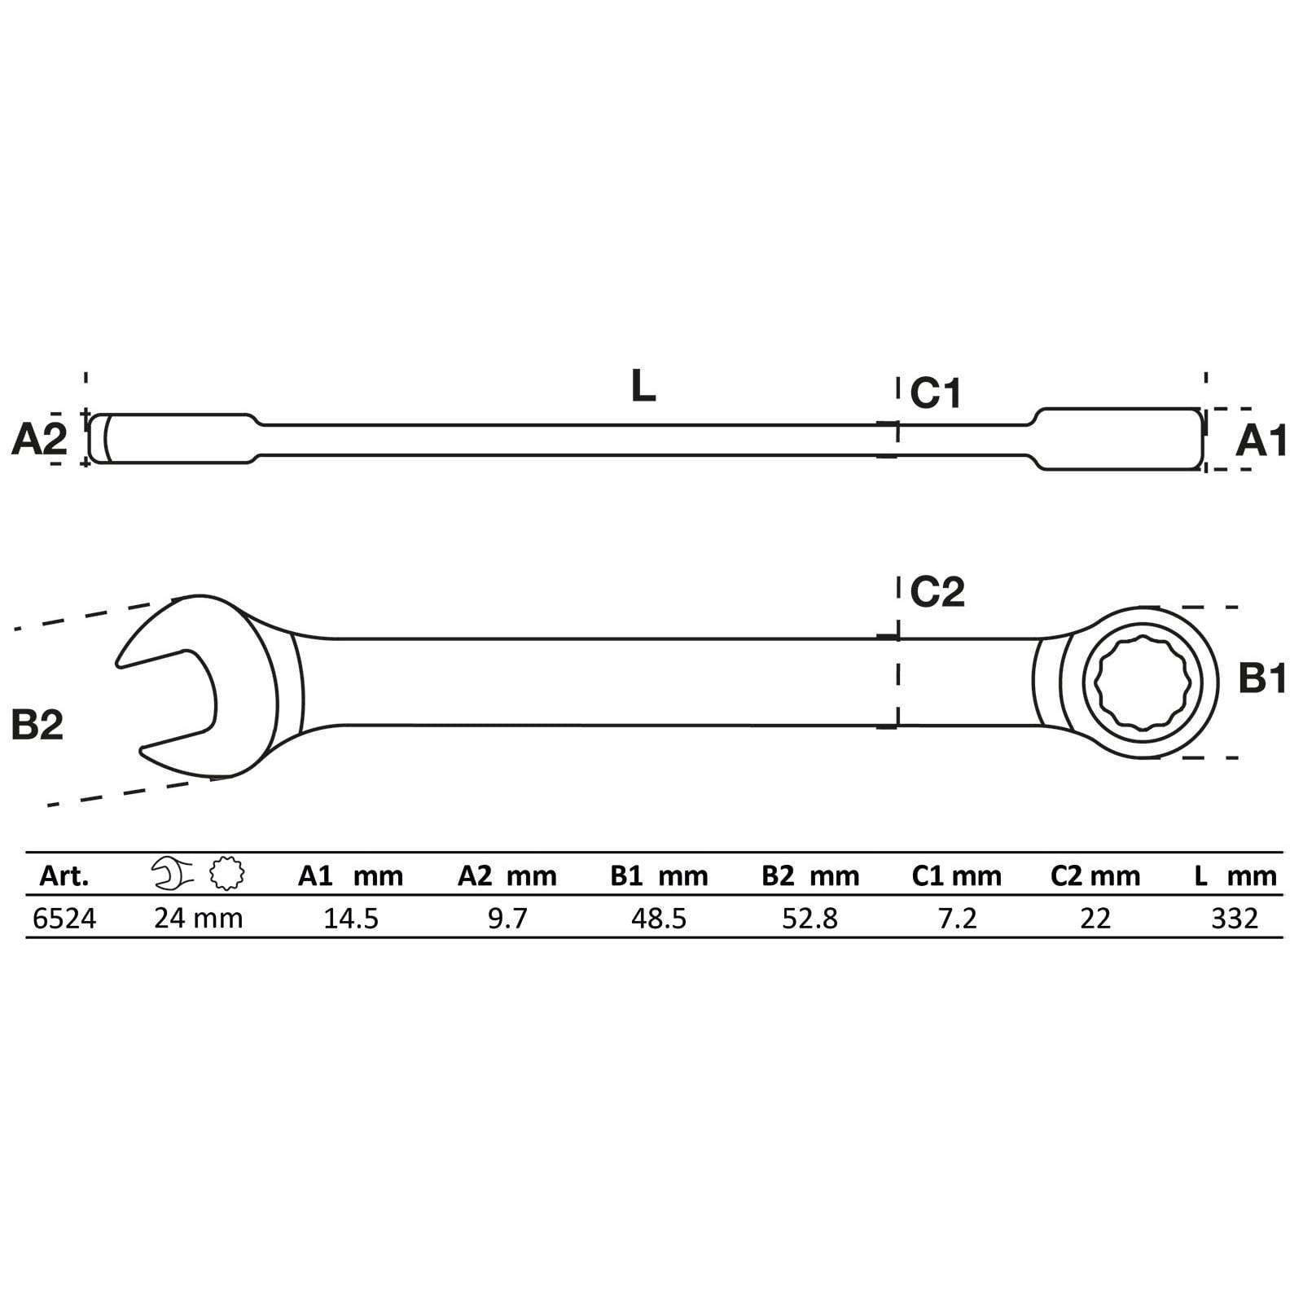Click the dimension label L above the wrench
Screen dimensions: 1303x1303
(x=643, y=387)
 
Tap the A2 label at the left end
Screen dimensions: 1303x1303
(x=39, y=441)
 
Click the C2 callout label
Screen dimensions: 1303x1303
(x=937, y=592)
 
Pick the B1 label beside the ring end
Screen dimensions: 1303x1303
(x=1261, y=678)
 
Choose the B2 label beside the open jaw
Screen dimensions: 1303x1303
(x=37, y=724)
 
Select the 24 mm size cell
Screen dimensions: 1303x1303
(x=199, y=919)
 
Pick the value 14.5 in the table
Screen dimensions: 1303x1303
(x=351, y=919)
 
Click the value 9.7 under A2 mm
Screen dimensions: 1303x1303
(x=507, y=919)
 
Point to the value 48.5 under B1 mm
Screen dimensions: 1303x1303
(x=659, y=919)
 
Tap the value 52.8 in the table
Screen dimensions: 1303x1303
(x=809, y=919)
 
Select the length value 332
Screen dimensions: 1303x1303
(x=1235, y=919)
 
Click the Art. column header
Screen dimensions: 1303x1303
(x=64, y=876)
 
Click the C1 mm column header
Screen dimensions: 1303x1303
(x=956, y=876)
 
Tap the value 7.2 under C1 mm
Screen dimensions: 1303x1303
(x=957, y=919)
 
